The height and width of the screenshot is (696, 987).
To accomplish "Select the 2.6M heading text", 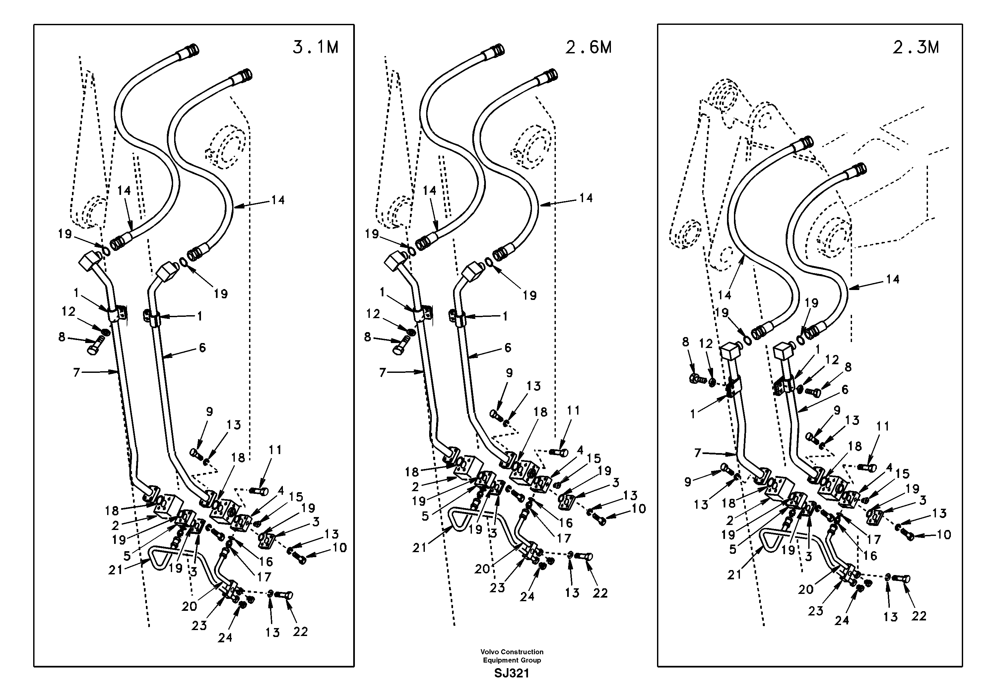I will [x=588, y=47].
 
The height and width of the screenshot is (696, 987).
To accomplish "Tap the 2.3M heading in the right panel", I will [x=916, y=47].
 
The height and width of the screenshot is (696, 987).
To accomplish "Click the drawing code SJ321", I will [x=511, y=673].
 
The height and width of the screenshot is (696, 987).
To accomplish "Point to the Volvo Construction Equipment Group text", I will [x=511, y=656].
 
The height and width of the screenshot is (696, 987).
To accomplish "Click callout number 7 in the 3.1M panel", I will [x=77, y=373].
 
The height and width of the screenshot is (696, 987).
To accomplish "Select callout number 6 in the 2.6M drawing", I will [x=508, y=348].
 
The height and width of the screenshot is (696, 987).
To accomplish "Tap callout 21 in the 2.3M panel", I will [x=734, y=574].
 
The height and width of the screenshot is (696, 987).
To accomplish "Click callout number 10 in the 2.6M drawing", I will [x=639, y=509].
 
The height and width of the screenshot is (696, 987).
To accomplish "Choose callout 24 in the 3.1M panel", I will [x=225, y=638].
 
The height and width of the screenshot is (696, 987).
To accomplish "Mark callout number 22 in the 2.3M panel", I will [x=919, y=616].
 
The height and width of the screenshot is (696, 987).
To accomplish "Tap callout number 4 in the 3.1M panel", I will [x=280, y=490].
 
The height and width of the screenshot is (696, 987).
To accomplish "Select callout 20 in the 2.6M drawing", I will [x=482, y=569].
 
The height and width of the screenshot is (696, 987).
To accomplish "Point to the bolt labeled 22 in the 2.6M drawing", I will [x=585, y=557].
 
